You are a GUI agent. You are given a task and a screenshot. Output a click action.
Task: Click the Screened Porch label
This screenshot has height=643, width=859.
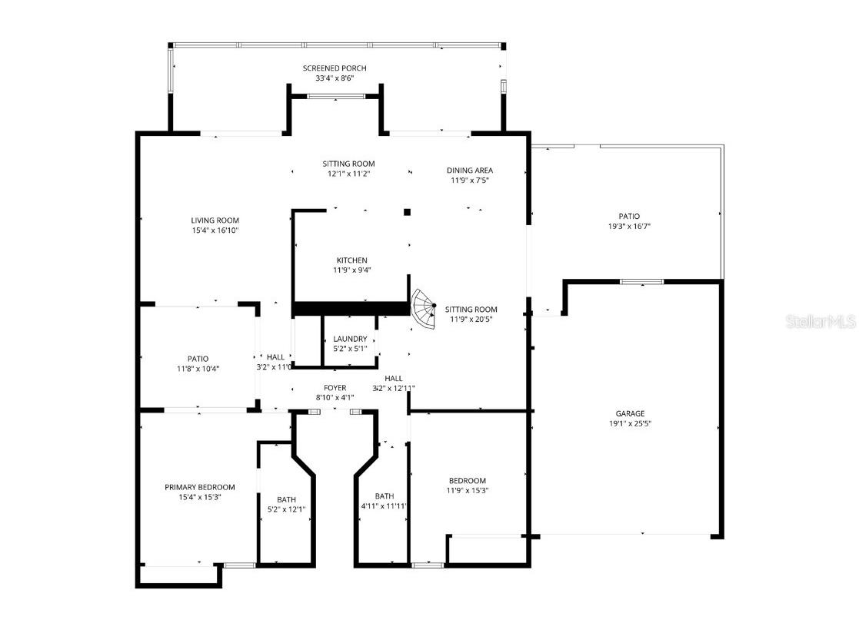(x=334, y=68)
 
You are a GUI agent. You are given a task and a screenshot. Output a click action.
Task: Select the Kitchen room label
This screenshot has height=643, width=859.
(x=351, y=260)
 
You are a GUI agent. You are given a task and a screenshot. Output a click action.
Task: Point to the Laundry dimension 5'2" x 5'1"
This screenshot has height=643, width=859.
(x=350, y=349)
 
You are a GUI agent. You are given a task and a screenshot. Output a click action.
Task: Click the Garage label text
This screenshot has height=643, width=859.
(x=630, y=413)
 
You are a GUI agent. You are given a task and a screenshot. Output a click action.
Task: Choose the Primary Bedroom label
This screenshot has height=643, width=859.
(x=199, y=487)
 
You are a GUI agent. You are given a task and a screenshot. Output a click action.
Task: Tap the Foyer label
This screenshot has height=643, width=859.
(x=335, y=388)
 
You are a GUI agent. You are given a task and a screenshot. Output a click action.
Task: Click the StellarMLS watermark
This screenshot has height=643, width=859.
(x=821, y=321)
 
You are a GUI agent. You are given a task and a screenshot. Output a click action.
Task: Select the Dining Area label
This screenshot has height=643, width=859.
(x=469, y=171)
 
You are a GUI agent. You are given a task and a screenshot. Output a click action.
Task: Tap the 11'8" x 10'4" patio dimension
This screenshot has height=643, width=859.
(x=198, y=369)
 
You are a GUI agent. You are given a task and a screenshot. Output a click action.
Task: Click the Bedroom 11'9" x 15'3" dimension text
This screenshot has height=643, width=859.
(x=468, y=491)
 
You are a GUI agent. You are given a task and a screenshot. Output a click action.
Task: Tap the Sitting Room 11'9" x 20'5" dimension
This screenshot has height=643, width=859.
(x=471, y=320)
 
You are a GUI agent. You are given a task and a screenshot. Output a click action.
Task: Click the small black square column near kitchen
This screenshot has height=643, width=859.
(x=408, y=212)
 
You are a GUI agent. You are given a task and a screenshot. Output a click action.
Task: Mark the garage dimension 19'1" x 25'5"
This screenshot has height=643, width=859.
(x=630, y=423)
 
